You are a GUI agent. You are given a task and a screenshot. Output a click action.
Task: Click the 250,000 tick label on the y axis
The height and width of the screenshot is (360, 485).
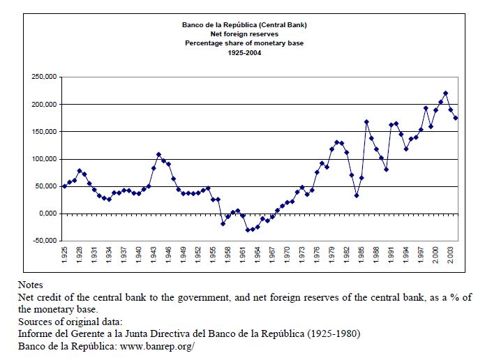(x=45, y=77)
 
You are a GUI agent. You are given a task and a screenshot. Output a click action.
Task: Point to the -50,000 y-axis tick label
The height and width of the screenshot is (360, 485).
(x=45, y=241)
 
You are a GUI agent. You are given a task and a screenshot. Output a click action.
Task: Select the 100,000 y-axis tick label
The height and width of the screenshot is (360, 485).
(x=45, y=159)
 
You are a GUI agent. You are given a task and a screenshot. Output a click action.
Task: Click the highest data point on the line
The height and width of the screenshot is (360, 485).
(x=445, y=93)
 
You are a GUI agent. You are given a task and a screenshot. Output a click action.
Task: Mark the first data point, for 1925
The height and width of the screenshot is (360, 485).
(x=65, y=186)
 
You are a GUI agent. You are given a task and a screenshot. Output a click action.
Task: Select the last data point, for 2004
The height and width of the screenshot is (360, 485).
(x=456, y=118)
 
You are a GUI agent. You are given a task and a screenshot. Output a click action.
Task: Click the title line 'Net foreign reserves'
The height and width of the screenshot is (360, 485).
(x=244, y=34)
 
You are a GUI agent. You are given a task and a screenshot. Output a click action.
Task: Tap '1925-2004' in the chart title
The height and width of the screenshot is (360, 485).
(x=244, y=52)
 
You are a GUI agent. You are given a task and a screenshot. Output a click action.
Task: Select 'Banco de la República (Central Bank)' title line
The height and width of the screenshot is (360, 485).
(x=244, y=25)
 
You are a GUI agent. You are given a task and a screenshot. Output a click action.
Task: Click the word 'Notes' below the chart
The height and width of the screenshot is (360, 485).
(x=31, y=285)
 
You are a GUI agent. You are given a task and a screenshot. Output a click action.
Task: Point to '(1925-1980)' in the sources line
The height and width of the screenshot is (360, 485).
(x=333, y=333)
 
